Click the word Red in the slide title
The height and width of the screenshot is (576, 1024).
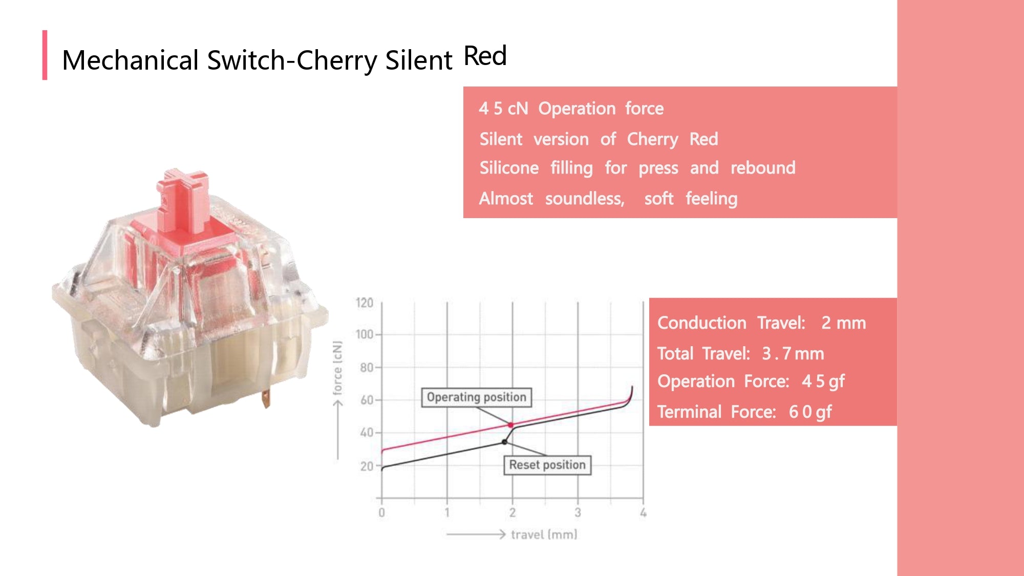[x=485, y=56]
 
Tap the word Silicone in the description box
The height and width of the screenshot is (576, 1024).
[x=509, y=168]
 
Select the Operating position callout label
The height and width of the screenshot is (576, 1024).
[x=476, y=397]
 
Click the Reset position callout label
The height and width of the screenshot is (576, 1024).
[x=547, y=465]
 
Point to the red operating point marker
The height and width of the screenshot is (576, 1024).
[x=510, y=425]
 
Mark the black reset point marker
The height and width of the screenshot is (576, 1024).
[x=504, y=442]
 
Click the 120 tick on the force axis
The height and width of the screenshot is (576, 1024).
[x=365, y=303]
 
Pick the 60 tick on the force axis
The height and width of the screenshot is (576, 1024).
[x=367, y=400]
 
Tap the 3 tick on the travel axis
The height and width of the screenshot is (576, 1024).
[x=578, y=513]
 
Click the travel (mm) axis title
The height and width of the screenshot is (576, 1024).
[x=544, y=535]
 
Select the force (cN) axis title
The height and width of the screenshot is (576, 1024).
[x=337, y=368]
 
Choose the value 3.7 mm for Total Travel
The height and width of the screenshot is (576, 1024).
[x=793, y=353]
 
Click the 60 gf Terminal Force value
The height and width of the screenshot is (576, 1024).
[x=810, y=412]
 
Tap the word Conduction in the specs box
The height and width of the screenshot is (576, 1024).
[x=701, y=323]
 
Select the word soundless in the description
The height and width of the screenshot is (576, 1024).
[x=584, y=199]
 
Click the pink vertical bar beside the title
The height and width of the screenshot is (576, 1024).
[x=45, y=55]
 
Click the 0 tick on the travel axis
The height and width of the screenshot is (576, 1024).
[x=381, y=513]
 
